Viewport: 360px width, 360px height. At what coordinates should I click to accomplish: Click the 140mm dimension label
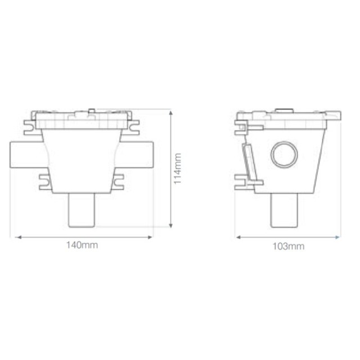click(82, 246)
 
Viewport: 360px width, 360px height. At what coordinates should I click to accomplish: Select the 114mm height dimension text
click(178, 168)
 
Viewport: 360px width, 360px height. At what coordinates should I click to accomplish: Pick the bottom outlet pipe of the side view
click(283, 210)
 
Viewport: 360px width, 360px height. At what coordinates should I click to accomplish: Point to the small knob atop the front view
click(90, 108)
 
